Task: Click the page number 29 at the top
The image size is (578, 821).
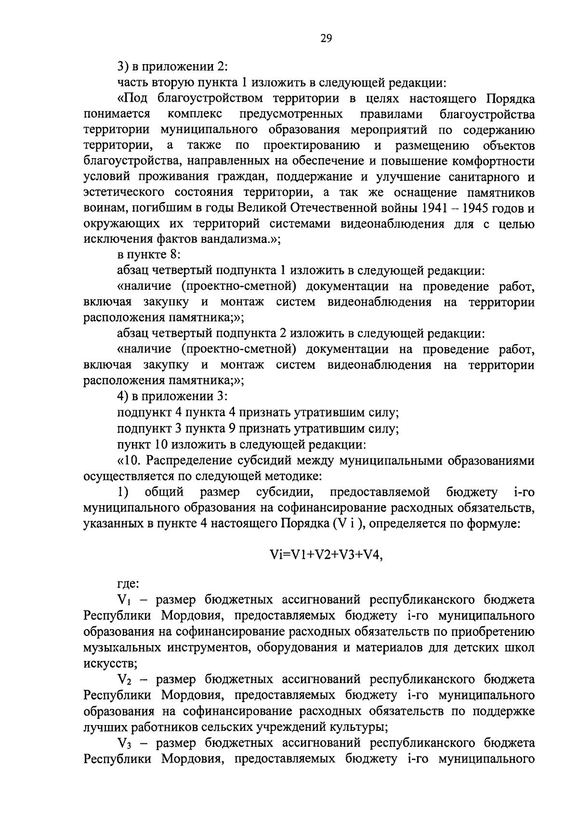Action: coord(326,39)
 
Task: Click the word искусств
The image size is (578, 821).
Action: coord(109,664)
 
